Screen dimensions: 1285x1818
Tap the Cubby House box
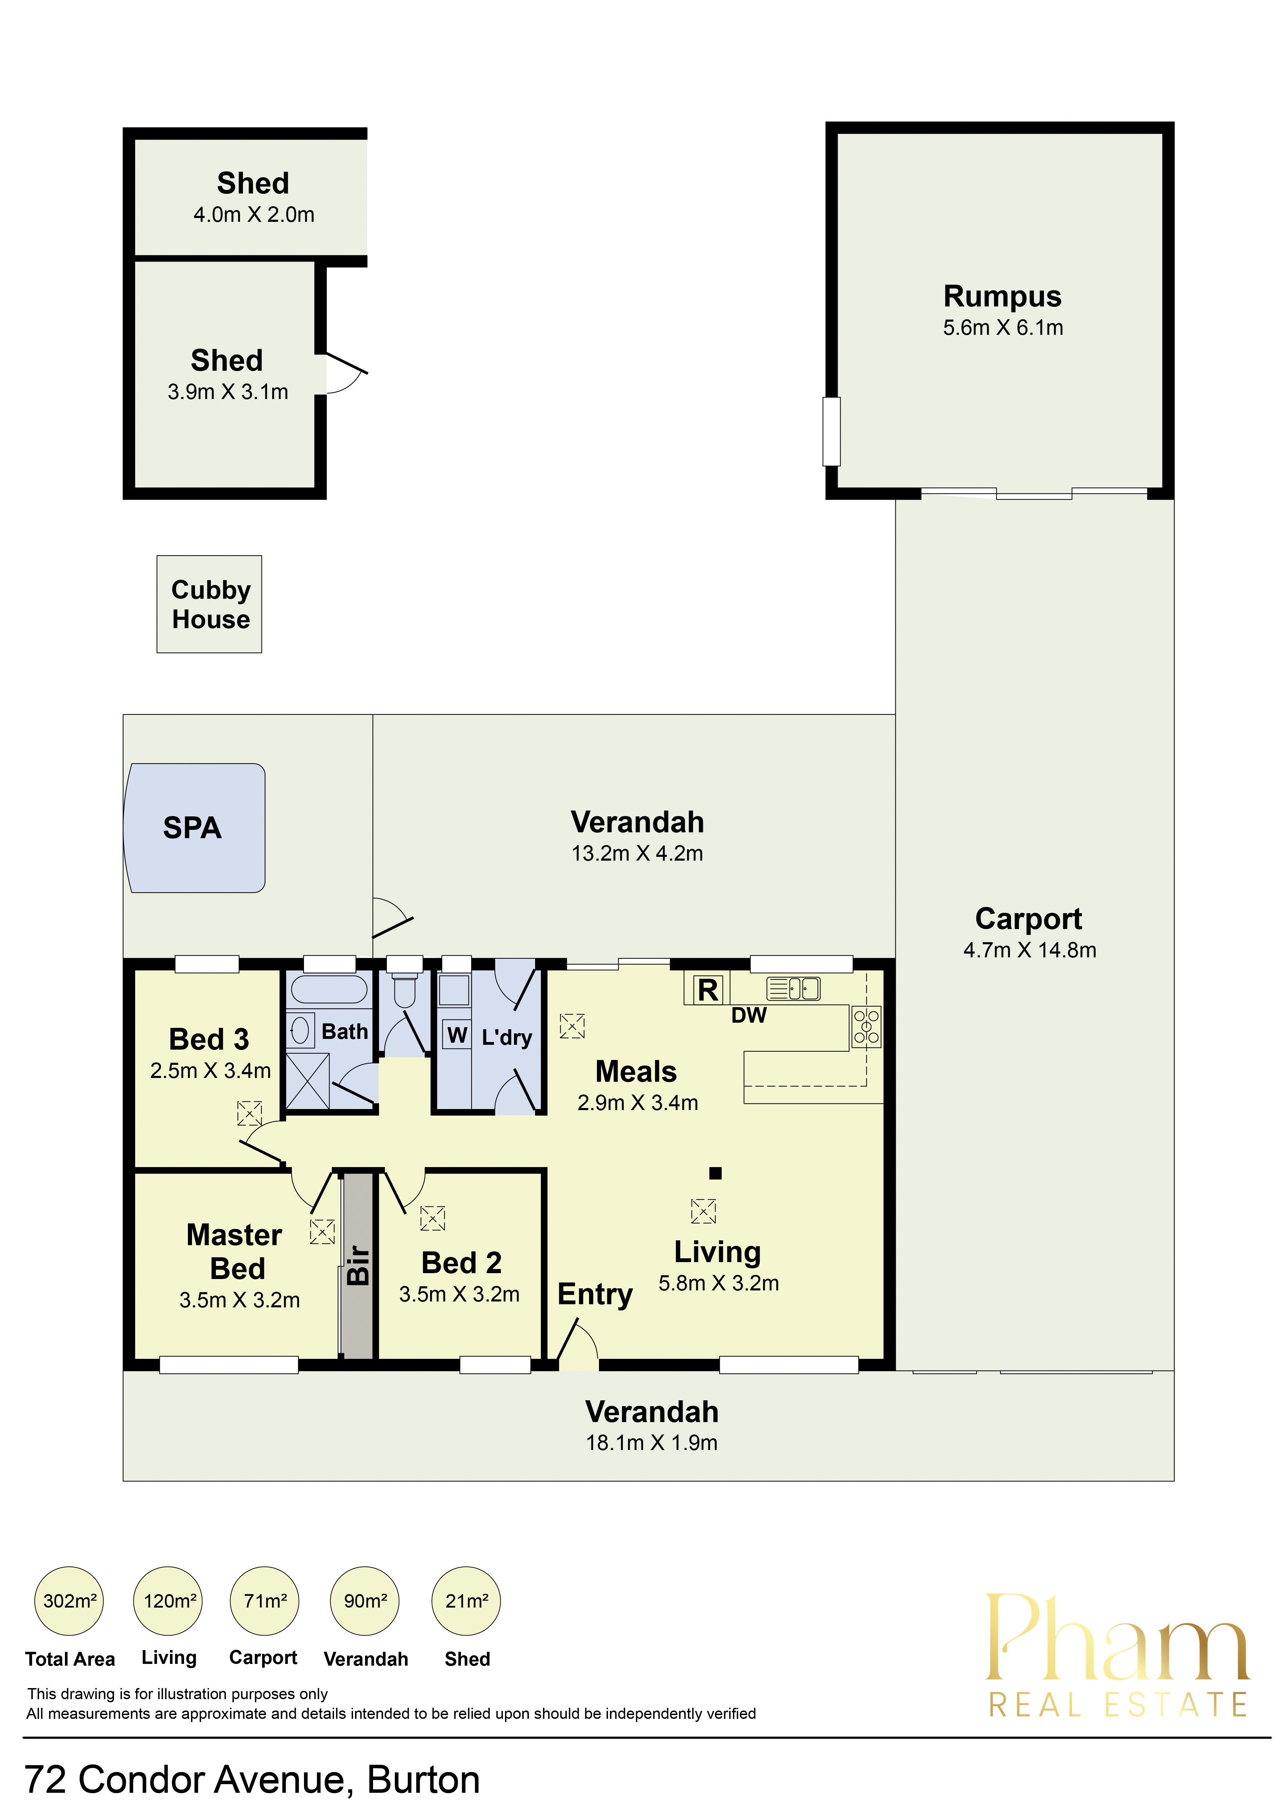tap(209, 604)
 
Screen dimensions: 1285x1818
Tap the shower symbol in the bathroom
tap(307, 1081)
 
